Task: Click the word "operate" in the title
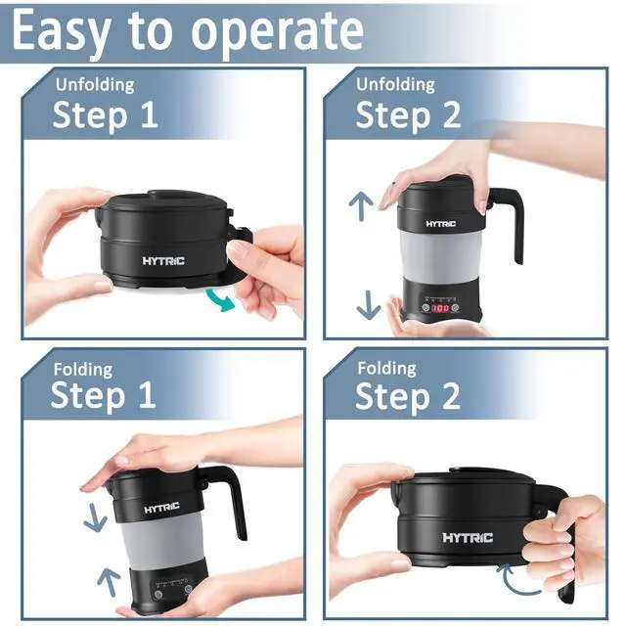click(278, 33)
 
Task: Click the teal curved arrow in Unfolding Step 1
click(220, 300)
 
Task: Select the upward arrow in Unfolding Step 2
click(361, 205)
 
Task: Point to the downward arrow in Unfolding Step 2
click(368, 305)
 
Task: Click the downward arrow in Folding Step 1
click(95, 517)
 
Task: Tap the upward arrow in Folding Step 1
click(109, 583)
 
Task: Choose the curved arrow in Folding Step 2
click(515, 580)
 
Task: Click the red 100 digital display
click(440, 308)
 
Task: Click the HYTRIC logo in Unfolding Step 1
click(163, 261)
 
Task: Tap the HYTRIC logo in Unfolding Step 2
click(441, 224)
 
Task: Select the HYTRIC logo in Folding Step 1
click(161, 509)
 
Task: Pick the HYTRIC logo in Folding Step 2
click(468, 538)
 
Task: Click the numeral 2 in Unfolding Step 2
click(451, 115)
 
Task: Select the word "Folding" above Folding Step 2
click(386, 369)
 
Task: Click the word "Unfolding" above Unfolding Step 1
click(95, 85)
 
